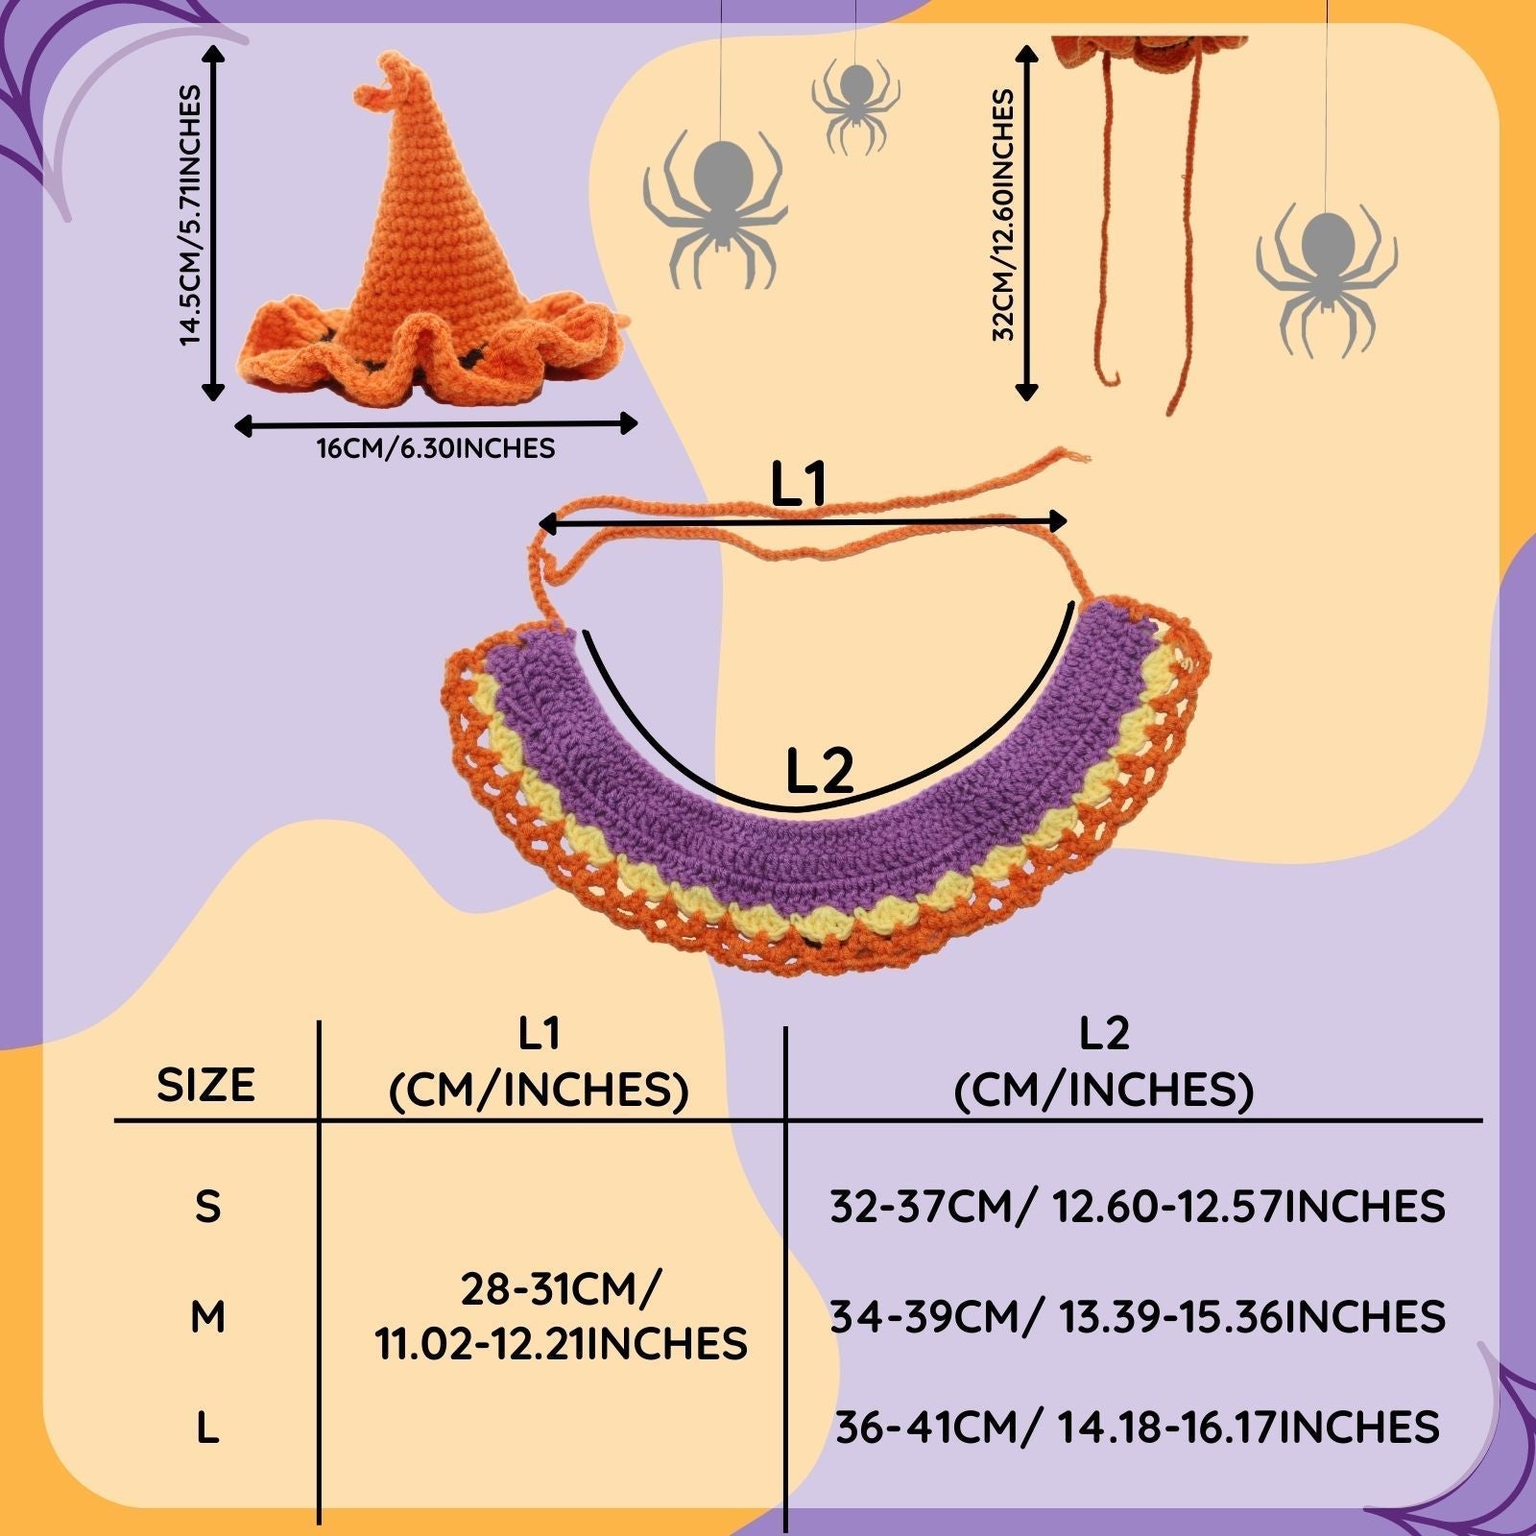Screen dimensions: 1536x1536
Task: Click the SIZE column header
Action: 205,1085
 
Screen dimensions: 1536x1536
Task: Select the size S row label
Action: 207,1207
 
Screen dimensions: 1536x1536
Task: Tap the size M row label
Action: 207,1317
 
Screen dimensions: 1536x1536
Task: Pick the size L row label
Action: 207,1428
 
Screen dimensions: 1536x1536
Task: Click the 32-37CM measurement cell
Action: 1137,1207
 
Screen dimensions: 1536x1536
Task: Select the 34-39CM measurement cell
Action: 1137,1317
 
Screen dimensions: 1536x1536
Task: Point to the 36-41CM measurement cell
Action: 1137,1428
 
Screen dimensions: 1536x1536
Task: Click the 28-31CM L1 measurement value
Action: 561,1317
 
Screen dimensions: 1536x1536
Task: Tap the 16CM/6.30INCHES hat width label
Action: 436,448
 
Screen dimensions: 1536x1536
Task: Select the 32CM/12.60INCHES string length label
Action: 1003,216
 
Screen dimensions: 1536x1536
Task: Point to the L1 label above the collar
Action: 799,486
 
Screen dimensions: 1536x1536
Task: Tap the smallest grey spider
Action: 854,104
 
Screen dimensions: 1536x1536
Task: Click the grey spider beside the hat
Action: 716,206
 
